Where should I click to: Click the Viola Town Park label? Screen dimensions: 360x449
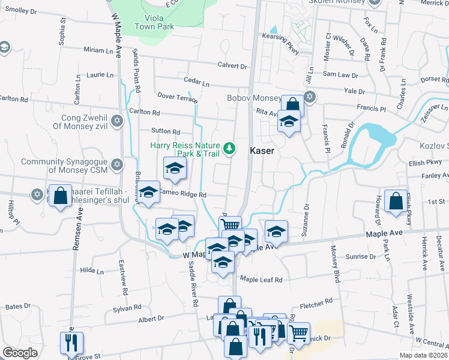(x=154, y=22)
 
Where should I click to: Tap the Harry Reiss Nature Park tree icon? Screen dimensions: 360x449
(x=229, y=148)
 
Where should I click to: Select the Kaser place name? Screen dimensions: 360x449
(x=262, y=151)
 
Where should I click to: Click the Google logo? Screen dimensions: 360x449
(x=20, y=353)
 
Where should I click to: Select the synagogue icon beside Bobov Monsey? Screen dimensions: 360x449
(x=310, y=97)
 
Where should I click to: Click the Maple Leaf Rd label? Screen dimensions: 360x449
(x=261, y=280)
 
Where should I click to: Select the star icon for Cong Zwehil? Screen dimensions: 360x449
(x=117, y=121)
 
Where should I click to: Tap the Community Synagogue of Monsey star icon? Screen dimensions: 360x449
(x=117, y=164)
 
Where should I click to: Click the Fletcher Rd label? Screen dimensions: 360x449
(x=316, y=301)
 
